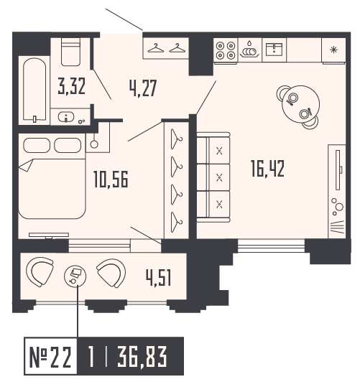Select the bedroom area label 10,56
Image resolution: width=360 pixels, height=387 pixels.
tap(111, 179)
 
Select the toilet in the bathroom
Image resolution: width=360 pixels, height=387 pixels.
tap(70, 52)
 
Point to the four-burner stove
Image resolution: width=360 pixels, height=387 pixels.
tap(226, 50)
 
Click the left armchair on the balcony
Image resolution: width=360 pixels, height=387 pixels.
tap(40, 271)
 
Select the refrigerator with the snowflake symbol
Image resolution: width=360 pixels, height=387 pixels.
tap(333, 50)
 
